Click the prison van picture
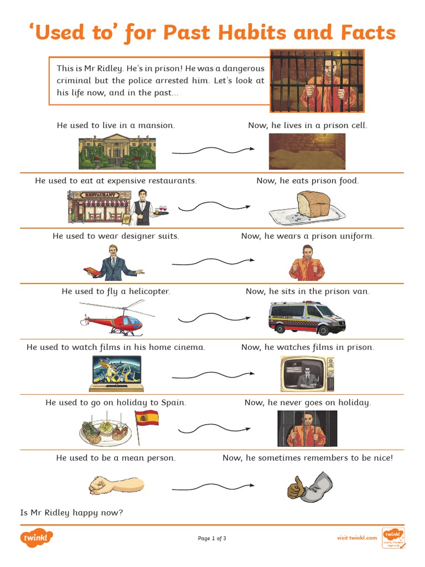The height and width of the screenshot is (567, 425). pyautogui.click(x=307, y=318)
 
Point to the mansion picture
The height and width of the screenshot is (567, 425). pyautogui.click(x=117, y=151)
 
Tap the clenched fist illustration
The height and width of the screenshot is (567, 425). pyautogui.click(x=116, y=485)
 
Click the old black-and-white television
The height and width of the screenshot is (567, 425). pyautogui.click(x=307, y=374)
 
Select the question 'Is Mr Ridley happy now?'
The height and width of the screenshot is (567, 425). pyautogui.click(x=71, y=513)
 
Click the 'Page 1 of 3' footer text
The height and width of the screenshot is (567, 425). pyautogui.click(x=212, y=538)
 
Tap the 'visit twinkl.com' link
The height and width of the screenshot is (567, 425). pyautogui.click(x=357, y=538)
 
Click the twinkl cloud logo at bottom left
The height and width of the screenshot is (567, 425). pyautogui.click(x=37, y=538)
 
